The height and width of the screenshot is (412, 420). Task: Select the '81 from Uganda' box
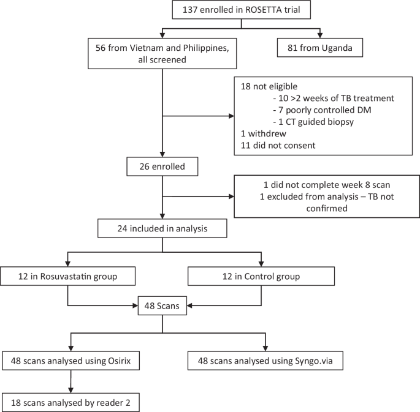pos(319,47)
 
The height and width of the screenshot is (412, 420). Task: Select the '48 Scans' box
pos(162,305)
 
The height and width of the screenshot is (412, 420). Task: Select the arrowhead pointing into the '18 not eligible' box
pos(231,115)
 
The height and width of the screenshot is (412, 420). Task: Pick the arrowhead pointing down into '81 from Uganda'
pos(319,35)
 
